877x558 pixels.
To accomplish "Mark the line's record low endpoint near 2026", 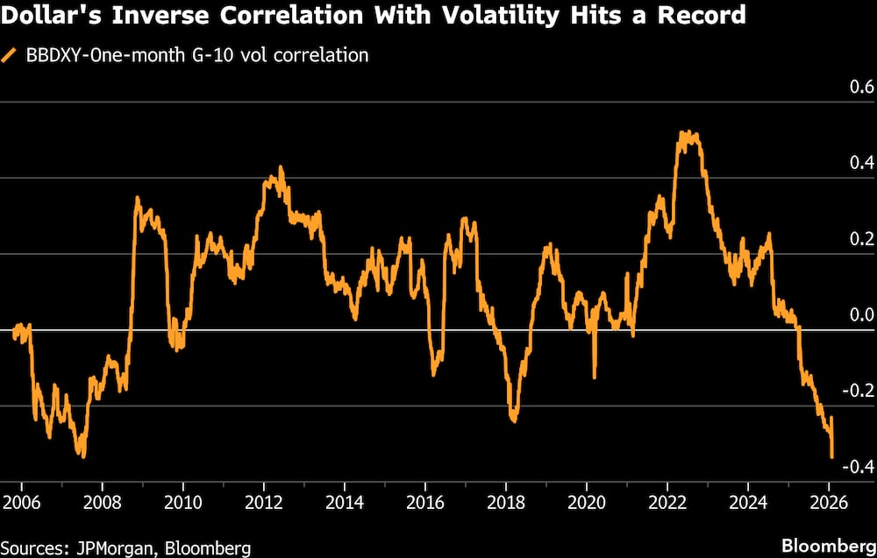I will [832, 456].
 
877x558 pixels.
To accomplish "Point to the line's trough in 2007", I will [83, 456].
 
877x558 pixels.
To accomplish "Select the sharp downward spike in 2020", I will [595, 377].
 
